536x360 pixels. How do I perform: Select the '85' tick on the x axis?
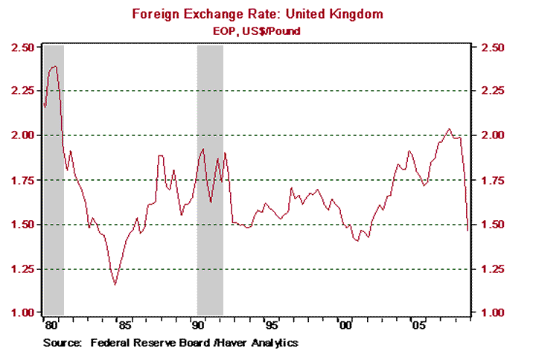pyautogui.click(x=124, y=325)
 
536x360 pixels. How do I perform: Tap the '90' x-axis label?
pyautogui.click(x=198, y=325)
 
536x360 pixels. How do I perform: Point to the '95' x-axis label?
pyautogui.click(x=272, y=325)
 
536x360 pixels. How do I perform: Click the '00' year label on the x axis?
pyautogui.click(x=345, y=325)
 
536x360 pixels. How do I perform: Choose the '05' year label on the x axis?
pyautogui.click(x=418, y=325)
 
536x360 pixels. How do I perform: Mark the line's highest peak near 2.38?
pyautogui.click(x=54, y=66)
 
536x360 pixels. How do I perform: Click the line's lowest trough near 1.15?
pyautogui.click(x=115, y=284)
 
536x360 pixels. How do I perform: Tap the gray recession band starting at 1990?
pyautogui.click(x=210, y=179)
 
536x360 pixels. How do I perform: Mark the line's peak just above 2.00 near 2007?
pyautogui.click(x=448, y=129)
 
